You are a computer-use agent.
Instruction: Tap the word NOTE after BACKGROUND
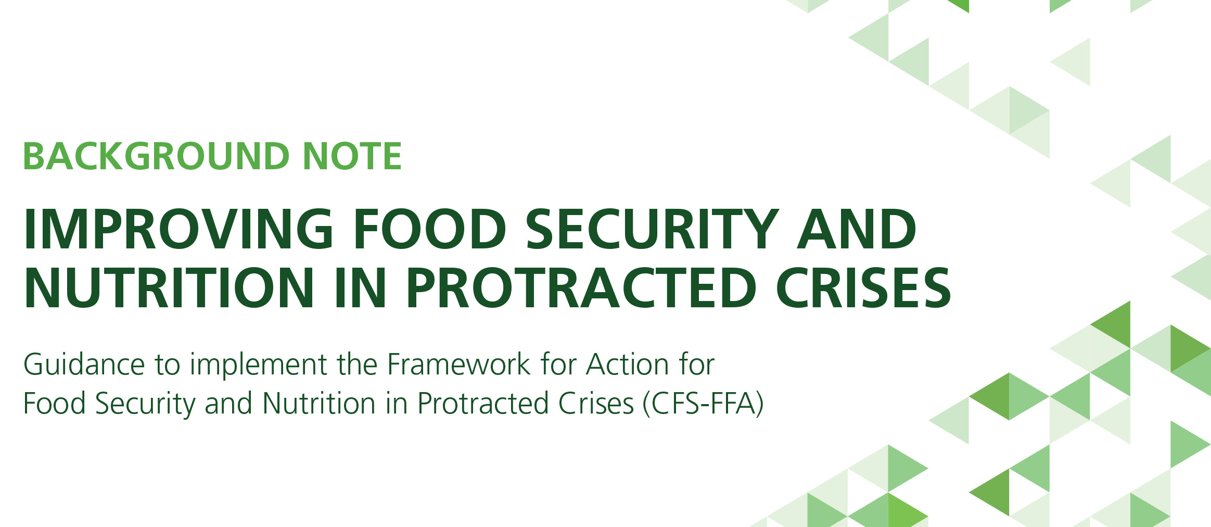click(x=352, y=156)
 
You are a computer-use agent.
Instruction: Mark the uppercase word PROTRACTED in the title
click(x=581, y=287)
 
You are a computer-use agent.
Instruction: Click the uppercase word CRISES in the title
click(x=863, y=287)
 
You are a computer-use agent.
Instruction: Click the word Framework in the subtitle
click(x=458, y=364)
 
